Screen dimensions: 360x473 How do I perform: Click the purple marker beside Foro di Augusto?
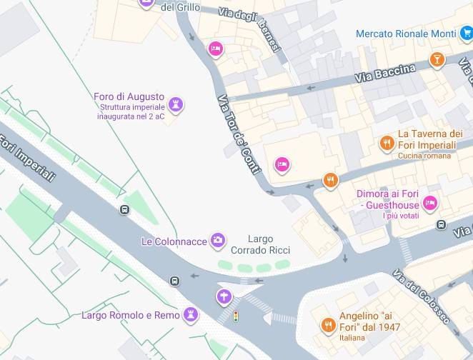click(176, 105)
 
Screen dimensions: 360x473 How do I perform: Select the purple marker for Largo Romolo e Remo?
click(191, 314)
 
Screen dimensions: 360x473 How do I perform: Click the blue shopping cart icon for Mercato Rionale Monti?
click(466, 33)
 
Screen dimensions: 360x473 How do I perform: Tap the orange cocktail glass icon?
click(437, 59)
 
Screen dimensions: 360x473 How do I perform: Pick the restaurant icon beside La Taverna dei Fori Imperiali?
click(387, 144)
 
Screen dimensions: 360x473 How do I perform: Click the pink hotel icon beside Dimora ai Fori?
click(430, 203)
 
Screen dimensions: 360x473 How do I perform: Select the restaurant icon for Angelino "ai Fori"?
click(328, 326)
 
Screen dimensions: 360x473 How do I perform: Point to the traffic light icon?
click(236, 316)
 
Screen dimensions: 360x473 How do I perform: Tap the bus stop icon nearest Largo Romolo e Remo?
click(174, 281)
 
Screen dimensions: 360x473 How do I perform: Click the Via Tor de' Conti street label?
click(238, 134)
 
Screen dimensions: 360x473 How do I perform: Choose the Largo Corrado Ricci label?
click(259, 244)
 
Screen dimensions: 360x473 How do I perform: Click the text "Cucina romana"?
click(424, 156)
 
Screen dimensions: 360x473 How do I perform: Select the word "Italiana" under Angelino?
click(352, 338)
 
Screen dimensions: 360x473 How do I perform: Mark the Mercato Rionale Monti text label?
click(406, 34)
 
